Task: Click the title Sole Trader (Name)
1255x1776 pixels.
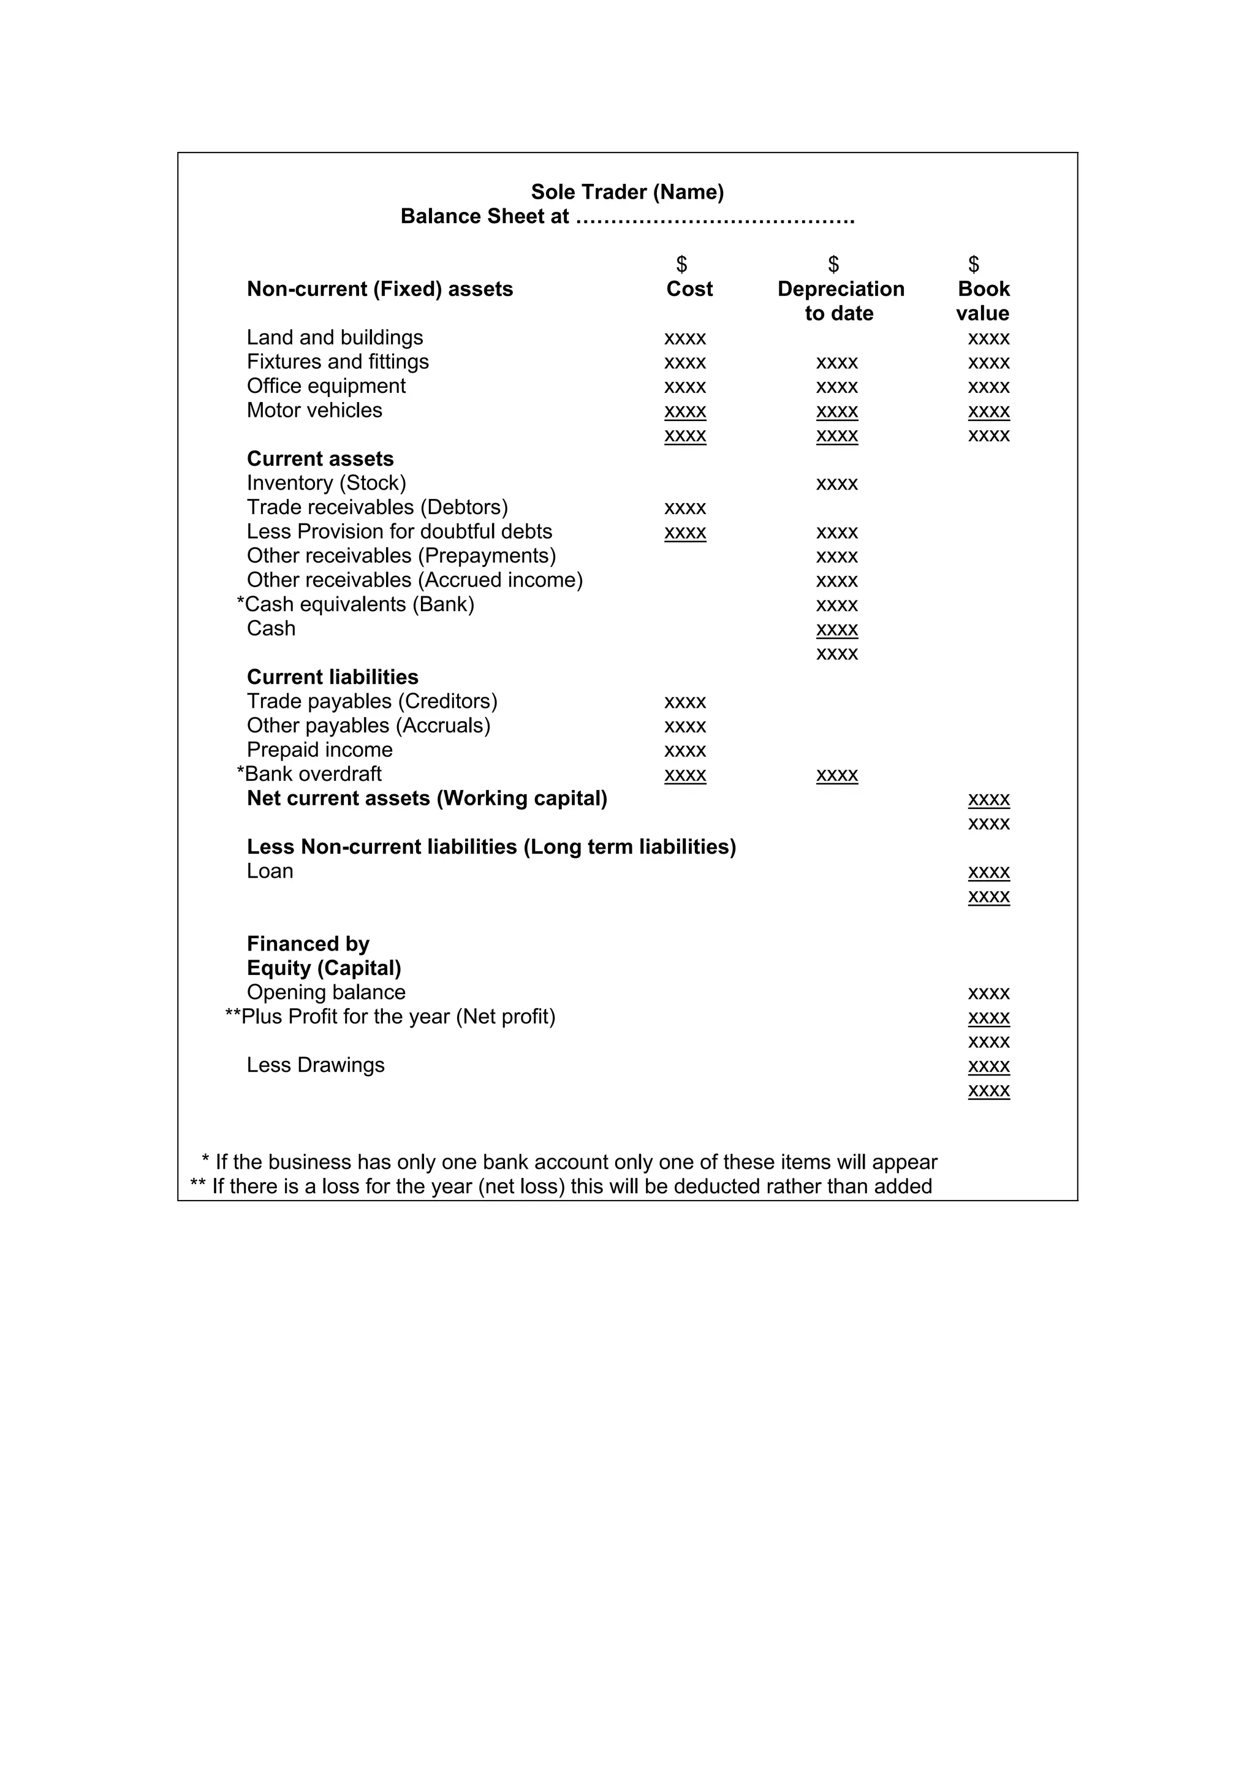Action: (627, 192)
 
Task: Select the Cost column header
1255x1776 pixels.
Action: (689, 289)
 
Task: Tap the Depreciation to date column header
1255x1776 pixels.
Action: (841, 301)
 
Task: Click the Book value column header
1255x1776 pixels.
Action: (983, 301)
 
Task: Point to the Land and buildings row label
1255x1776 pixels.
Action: (335, 338)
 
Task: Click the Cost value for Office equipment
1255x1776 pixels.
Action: (685, 387)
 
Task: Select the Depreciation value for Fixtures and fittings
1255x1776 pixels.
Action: (836, 363)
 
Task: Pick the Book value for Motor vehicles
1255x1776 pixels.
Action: (988, 411)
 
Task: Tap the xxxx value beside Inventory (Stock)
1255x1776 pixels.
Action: (836, 484)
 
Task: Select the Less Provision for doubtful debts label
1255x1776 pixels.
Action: (399, 532)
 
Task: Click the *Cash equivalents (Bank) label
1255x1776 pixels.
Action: (355, 605)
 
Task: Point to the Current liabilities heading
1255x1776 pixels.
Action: (333, 678)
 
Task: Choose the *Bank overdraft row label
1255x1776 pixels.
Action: (309, 774)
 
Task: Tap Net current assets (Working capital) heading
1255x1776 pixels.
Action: (427, 799)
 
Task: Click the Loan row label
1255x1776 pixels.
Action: (270, 871)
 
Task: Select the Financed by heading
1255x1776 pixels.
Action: (308, 944)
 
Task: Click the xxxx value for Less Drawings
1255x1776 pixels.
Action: (988, 1066)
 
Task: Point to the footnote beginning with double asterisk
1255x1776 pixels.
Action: (561, 1186)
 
